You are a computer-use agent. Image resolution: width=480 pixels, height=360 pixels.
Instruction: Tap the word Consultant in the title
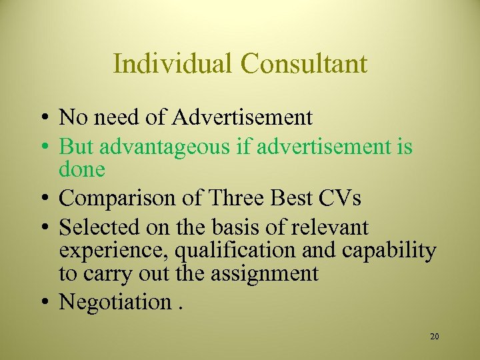[304, 64]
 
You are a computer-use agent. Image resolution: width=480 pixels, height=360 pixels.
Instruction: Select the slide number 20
[434, 337]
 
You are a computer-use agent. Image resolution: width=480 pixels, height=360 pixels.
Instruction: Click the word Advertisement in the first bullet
[242, 118]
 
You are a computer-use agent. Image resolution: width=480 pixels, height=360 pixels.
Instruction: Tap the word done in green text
[82, 169]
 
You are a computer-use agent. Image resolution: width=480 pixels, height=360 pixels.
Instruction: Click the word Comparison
[115, 199]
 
